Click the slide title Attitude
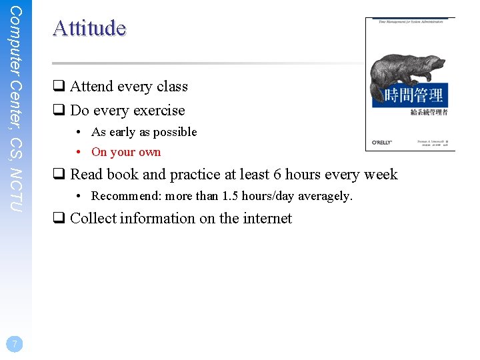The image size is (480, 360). pyautogui.click(x=89, y=28)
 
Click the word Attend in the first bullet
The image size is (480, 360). pyautogui.click(x=92, y=87)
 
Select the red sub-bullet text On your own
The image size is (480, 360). pyautogui.click(x=126, y=152)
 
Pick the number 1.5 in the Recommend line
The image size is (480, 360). pyautogui.click(x=231, y=196)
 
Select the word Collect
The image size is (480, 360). pyautogui.click(x=93, y=219)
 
